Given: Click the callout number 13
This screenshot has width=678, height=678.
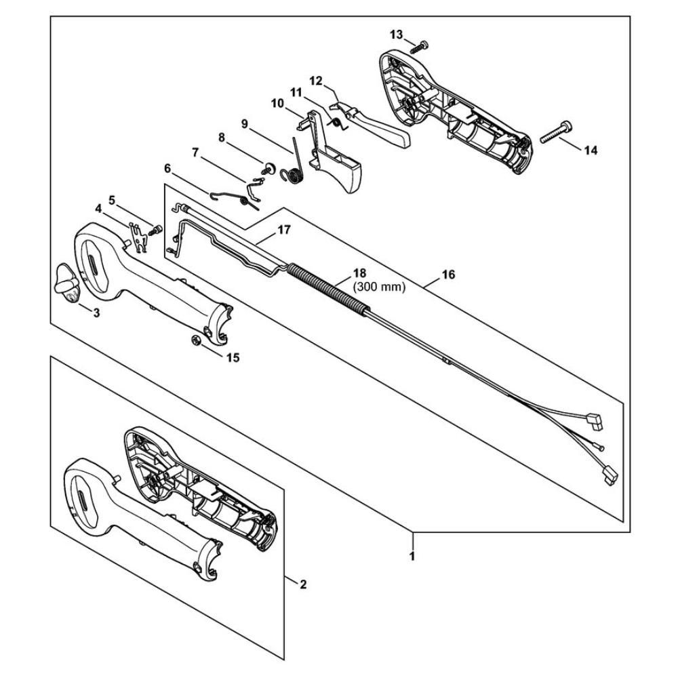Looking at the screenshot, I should coord(396,34).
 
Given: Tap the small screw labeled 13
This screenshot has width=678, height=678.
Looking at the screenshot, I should coord(420,45).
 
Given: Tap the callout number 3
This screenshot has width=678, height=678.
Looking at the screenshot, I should coord(96,313).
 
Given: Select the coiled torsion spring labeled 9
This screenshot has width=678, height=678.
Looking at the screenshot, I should coord(296,168).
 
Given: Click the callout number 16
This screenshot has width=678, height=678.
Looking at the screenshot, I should coord(448,275).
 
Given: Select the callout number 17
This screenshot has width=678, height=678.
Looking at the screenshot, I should coord(283,230).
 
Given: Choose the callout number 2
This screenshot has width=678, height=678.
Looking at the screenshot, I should coord(302,584).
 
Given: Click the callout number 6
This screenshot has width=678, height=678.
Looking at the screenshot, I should coord(167,167).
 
